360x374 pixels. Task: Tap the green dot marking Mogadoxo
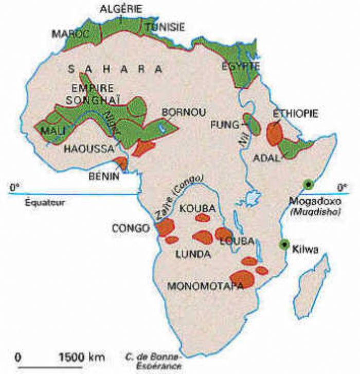[x=308, y=183]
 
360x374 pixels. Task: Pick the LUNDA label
[x=193, y=253]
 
